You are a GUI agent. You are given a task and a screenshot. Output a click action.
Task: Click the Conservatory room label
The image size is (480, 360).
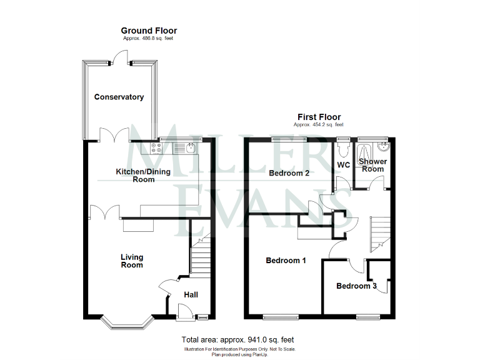(x=119, y=97)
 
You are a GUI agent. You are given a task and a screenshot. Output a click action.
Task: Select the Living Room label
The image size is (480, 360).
(x=132, y=261)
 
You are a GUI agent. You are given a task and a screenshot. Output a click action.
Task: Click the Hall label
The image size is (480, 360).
(x=191, y=294)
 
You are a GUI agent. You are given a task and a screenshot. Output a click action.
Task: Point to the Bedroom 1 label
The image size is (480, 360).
(x=286, y=261)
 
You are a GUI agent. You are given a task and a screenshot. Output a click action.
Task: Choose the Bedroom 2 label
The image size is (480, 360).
(x=289, y=174)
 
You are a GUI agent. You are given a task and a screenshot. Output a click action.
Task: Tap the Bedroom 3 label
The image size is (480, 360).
(x=356, y=286)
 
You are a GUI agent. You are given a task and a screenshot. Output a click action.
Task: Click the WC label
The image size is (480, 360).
(x=344, y=165)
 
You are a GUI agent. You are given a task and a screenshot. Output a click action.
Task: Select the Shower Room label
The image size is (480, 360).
(x=373, y=165)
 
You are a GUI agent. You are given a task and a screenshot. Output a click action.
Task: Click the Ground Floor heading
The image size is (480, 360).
(x=149, y=30)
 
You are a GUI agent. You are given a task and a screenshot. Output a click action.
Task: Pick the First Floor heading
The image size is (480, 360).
(x=319, y=117)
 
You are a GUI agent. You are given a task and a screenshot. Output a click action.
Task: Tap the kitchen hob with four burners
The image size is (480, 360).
(x=156, y=148)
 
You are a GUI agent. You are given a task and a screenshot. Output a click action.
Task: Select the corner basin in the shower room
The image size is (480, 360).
(x=382, y=147)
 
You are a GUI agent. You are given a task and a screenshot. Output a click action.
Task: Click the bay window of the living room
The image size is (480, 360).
(x=127, y=322)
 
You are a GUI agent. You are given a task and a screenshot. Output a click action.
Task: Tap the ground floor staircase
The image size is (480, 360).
(x=199, y=256)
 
